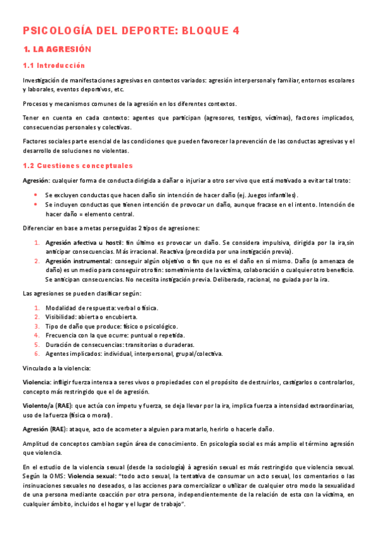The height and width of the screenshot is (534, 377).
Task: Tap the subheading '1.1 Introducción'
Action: coord(53,65)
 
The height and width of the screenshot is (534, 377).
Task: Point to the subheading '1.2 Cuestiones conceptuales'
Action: coord(77,166)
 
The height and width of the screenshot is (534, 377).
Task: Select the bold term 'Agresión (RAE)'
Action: coord(45,429)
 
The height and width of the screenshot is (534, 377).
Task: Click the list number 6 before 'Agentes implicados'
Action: coord(37,354)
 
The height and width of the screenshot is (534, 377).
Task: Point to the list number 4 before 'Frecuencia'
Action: coord(37,335)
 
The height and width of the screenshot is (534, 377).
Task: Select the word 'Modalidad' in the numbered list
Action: coord(62,307)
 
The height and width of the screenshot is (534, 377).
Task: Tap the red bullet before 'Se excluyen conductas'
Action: coord(36,195)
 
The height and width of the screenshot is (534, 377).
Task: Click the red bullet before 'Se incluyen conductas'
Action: coord(36,205)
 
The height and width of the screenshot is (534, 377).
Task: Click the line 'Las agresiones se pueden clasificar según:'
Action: coord(82,293)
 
